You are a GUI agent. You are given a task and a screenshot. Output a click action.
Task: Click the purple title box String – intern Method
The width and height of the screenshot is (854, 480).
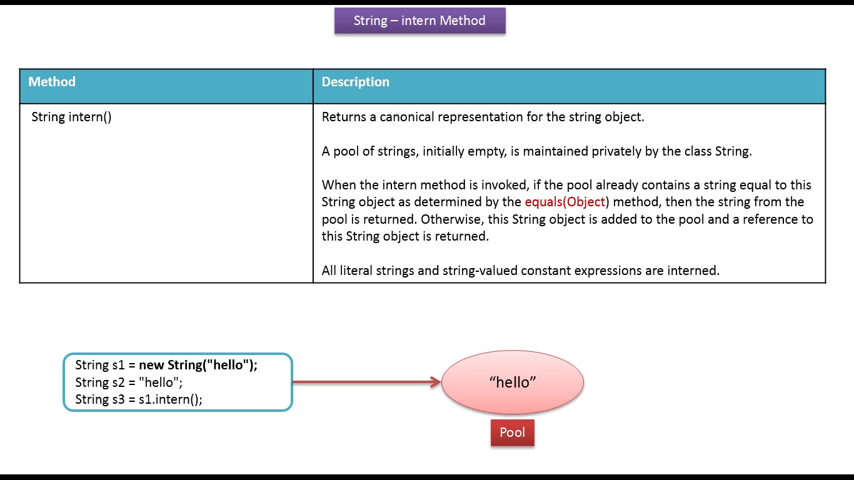click(x=419, y=21)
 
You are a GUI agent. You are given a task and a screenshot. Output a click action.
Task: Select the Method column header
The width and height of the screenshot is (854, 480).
click(x=52, y=82)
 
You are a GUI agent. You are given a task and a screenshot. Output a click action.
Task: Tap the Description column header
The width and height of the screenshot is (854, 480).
click(x=355, y=82)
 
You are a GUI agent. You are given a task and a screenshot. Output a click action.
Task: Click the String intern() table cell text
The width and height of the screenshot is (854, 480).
click(x=71, y=117)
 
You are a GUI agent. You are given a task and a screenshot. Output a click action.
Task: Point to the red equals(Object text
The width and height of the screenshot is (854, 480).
click(x=565, y=202)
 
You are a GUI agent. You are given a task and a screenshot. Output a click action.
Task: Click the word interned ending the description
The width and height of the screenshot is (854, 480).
click(x=694, y=271)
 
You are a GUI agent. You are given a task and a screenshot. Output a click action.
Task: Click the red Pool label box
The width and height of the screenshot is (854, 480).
click(x=512, y=432)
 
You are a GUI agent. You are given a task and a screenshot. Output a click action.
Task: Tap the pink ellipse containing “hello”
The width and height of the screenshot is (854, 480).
click(x=513, y=382)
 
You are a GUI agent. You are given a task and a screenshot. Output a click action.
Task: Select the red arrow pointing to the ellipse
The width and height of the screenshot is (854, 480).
click(x=366, y=382)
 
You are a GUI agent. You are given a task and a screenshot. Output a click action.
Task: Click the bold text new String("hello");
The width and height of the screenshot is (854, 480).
click(x=198, y=365)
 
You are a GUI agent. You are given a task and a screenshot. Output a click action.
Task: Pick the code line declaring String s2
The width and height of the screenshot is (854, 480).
click(x=129, y=382)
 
